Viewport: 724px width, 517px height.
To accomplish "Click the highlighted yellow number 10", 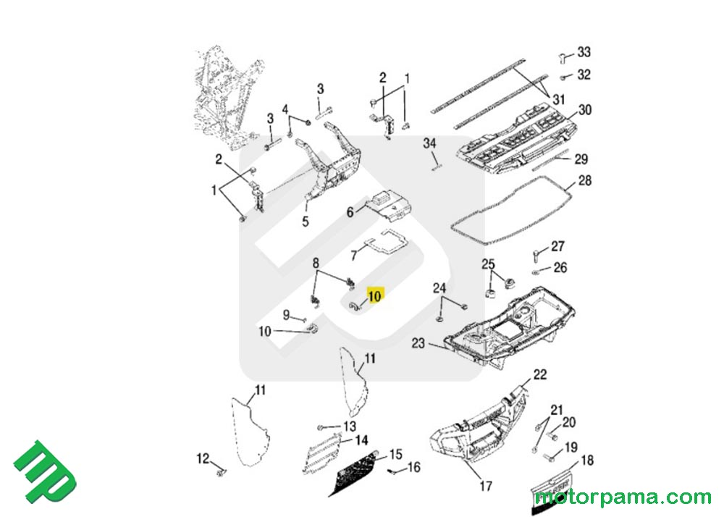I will coord(374,295).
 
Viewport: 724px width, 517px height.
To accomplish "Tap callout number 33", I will coord(584,52).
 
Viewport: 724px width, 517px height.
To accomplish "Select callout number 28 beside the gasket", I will coord(585,180).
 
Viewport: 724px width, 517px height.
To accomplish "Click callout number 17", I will coord(486,487).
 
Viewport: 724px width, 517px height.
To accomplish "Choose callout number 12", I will coord(203,458).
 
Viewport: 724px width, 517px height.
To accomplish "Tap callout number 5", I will coord(306,222).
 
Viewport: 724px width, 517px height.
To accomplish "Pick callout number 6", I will coord(350,212).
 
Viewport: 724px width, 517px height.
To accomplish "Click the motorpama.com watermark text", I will coord(623,497).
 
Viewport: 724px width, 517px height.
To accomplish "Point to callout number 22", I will coord(540,374).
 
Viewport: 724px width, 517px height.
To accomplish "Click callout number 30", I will coord(585,110).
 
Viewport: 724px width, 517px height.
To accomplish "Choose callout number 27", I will coord(557,247).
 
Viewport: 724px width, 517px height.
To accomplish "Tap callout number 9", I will coord(286,315).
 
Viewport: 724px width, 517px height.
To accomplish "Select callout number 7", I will coord(354,255).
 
